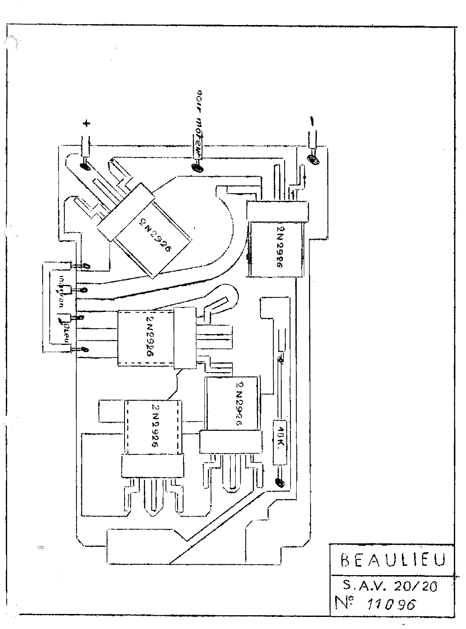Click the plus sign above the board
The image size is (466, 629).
click(x=87, y=124)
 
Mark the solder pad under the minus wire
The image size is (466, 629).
click(x=313, y=159)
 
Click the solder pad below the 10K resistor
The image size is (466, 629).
click(x=280, y=483)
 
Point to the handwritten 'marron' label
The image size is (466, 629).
click(x=61, y=291)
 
